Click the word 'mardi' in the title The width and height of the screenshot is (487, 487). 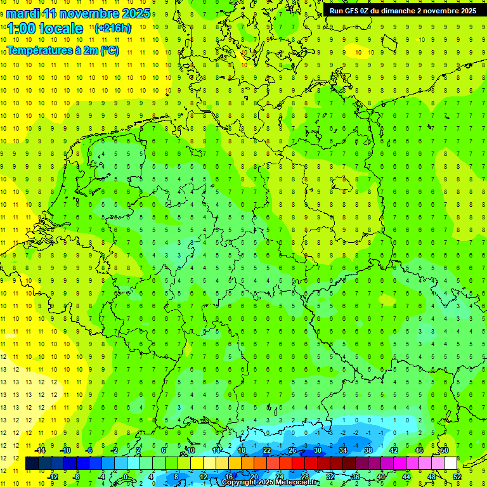[x=23, y=13]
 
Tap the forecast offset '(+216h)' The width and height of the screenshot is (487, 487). [x=113, y=28]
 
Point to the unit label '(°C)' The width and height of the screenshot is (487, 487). [x=109, y=51]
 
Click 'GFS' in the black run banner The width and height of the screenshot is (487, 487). [x=357, y=11]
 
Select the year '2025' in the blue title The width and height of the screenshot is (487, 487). [x=136, y=13]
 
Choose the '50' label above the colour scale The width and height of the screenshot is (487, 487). [x=445, y=450]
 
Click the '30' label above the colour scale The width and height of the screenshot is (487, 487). [x=318, y=450]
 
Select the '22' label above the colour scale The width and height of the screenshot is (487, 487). [x=267, y=450]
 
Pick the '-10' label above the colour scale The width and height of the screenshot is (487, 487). [x=65, y=450]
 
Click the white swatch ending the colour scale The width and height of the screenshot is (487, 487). [x=450, y=464]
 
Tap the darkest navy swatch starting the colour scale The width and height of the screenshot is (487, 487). [x=32, y=464]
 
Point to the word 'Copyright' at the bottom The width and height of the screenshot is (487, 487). [x=239, y=483]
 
